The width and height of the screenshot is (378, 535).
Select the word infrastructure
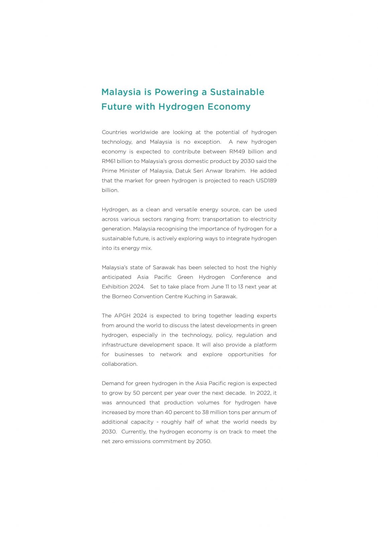point(119,345)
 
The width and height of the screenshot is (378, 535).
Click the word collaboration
point(119,364)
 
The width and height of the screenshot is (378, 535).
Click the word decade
point(235,393)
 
